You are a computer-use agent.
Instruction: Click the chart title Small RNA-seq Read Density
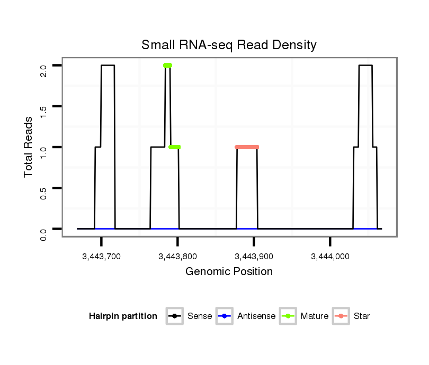(229, 45)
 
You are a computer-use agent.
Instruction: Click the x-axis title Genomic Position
(229, 272)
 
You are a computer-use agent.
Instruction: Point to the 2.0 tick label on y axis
(43, 66)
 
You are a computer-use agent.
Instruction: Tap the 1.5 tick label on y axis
(43, 106)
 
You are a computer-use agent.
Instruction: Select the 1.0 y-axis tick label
(43, 147)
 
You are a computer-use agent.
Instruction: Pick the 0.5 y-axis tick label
(43, 188)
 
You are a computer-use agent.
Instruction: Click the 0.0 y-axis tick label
(43, 229)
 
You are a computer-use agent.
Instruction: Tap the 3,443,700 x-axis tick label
(101, 257)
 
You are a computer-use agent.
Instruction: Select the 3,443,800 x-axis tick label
(177, 257)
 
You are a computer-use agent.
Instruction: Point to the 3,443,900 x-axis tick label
(254, 257)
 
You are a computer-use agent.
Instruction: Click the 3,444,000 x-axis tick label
(330, 257)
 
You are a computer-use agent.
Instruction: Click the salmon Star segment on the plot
(247, 147)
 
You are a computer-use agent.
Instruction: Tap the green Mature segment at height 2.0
(167, 66)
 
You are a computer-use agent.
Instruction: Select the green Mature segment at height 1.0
(174, 147)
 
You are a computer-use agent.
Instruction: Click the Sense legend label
(200, 316)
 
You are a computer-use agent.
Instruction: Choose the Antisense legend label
(256, 316)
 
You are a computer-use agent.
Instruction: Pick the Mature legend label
(314, 316)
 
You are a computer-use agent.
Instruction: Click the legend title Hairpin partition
(123, 316)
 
